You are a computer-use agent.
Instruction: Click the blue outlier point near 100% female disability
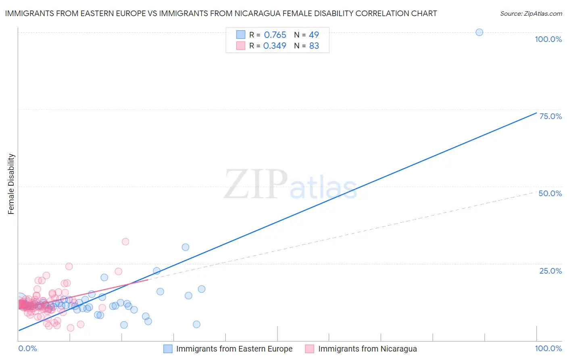coord(479,32)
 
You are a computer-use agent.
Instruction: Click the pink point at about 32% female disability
coord(125,242)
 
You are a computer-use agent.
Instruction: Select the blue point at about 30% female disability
coord(186,247)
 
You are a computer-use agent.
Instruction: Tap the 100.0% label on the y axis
coord(548,39)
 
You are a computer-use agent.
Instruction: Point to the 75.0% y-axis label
coord(550,116)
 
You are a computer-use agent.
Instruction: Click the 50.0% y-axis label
coord(550,193)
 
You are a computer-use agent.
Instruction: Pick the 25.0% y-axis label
coord(550,271)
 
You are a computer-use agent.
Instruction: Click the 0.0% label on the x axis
coord(28,348)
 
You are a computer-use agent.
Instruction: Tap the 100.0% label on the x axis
coord(548,348)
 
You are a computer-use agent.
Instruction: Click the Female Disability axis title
coord(11,184)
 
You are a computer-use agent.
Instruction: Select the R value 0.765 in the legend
coord(275,35)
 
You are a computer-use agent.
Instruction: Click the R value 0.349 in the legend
coord(275,46)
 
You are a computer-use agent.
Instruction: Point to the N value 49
coord(314,35)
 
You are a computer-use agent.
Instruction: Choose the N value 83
coord(314,46)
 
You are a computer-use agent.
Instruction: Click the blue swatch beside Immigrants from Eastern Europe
coord(168,349)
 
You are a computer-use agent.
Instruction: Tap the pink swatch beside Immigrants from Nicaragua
coord(310,349)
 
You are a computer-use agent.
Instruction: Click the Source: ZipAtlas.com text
coord(531,14)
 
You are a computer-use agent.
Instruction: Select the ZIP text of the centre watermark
coord(256,184)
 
